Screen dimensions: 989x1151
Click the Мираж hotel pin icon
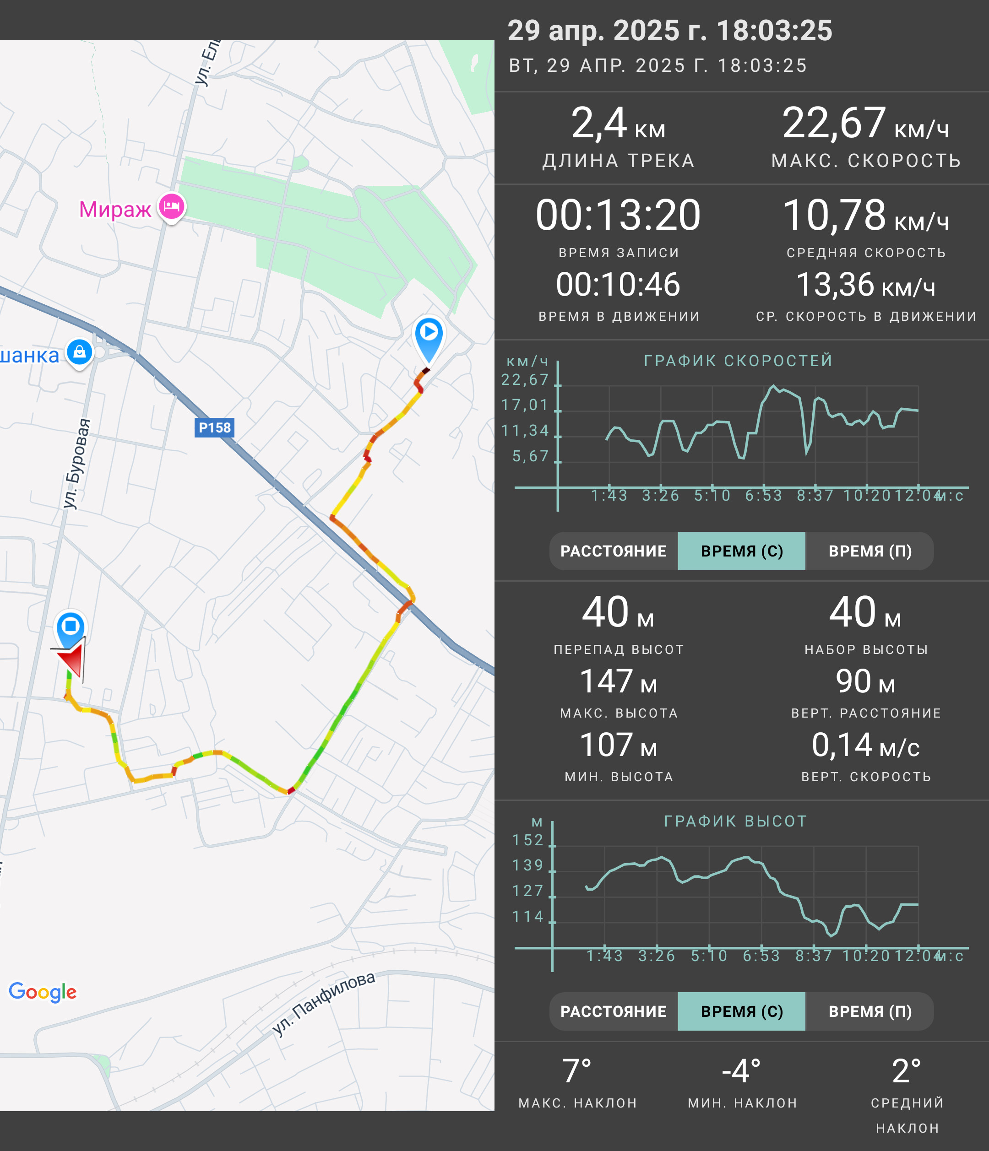(172, 207)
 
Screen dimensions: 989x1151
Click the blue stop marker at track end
(71, 629)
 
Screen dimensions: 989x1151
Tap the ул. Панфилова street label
(323, 1003)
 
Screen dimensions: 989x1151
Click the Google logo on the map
(43, 992)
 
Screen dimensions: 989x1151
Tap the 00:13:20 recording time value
(618, 215)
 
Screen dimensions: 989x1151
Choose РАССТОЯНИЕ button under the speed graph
(614, 551)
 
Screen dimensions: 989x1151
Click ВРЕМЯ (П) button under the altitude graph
(870, 1011)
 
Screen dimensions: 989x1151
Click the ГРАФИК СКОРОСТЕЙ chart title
(739, 361)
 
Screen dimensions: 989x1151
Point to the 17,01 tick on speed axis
(525, 405)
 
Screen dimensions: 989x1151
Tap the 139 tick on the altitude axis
(528, 865)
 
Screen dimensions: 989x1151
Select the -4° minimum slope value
(741, 1071)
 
